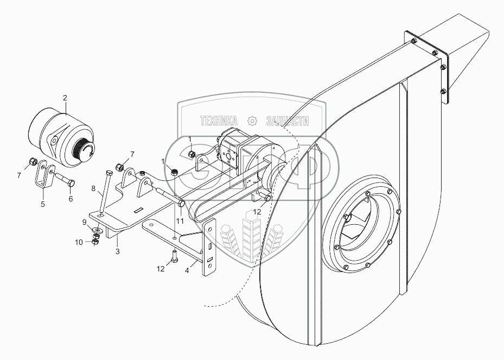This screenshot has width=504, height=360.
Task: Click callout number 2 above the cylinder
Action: (x=65, y=98)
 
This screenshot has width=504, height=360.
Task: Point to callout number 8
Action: (x=93, y=189)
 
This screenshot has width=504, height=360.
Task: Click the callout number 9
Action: (x=84, y=222)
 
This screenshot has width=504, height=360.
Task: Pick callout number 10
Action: (x=79, y=242)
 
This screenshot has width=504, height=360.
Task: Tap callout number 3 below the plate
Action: (x=117, y=252)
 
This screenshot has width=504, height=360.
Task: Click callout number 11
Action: (x=180, y=222)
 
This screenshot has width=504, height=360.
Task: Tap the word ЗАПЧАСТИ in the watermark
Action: (x=287, y=121)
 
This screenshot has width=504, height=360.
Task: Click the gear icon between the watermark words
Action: (x=252, y=121)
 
